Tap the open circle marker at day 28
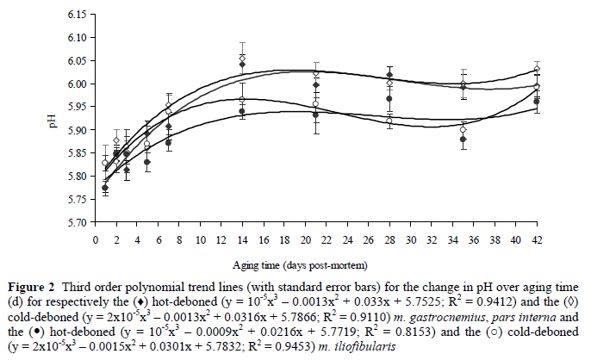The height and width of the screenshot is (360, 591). point(389,121)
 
